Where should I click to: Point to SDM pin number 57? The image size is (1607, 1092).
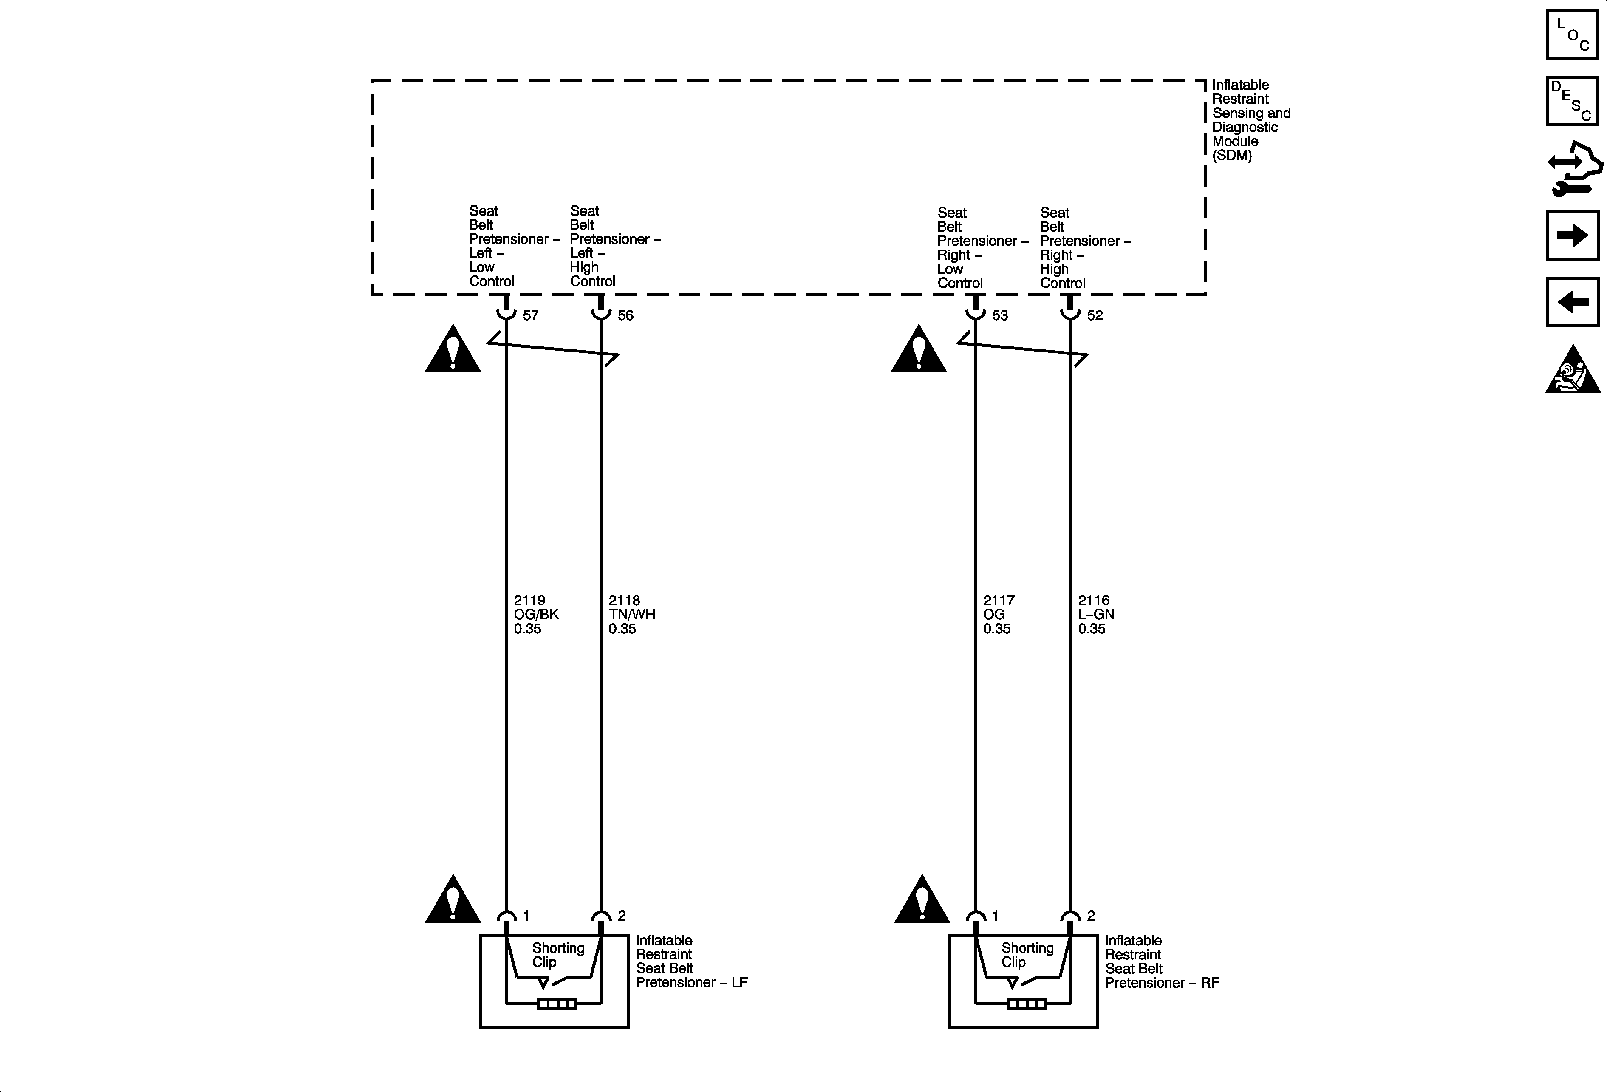click(530, 315)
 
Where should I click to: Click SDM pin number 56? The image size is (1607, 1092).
click(625, 315)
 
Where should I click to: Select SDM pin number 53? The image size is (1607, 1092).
click(1000, 315)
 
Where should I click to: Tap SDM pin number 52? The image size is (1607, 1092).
click(1095, 315)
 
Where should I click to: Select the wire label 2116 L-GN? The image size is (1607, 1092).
click(1096, 614)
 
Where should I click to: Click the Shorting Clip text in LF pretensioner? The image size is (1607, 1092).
click(557, 954)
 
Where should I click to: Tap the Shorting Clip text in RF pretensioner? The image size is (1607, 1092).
click(1027, 954)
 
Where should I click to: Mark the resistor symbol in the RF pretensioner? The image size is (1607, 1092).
click(1026, 1004)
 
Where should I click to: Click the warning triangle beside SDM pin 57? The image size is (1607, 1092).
click(452, 351)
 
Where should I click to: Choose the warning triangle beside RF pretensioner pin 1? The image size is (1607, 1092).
click(922, 901)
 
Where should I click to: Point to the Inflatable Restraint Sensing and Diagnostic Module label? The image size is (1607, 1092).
click(1250, 119)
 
